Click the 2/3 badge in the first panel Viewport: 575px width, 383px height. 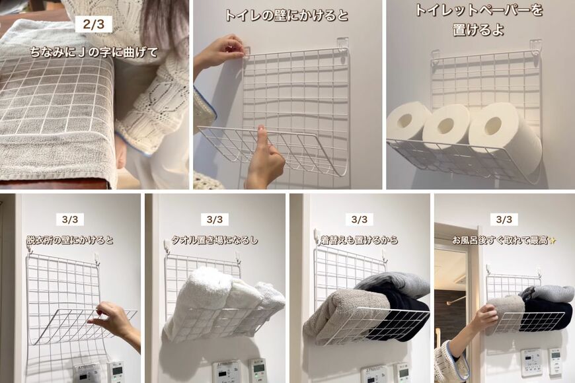click(x=93, y=24)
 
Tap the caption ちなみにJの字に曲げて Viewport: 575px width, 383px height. click(x=94, y=52)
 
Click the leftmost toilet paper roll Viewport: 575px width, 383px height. click(x=407, y=122)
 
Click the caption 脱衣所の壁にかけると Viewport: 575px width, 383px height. click(x=69, y=240)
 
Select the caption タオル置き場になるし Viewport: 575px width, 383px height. click(x=214, y=240)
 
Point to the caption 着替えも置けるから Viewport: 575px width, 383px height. click(x=359, y=240)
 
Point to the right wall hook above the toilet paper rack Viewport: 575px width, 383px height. click(x=535, y=46)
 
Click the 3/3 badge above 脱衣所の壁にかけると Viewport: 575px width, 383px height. click(x=69, y=219)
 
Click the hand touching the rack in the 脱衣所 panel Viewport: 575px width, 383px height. click(x=114, y=320)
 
